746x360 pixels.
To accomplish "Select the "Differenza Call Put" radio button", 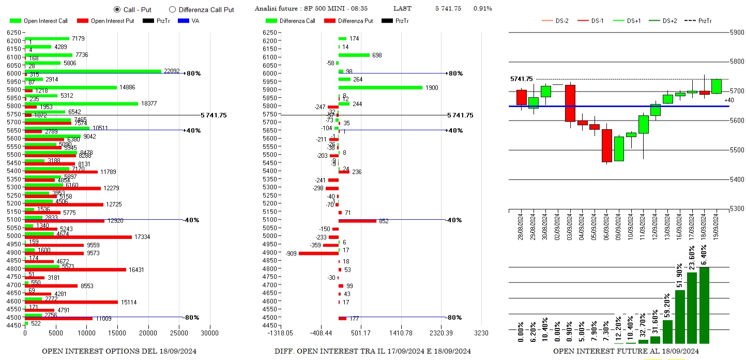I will tap(173, 9).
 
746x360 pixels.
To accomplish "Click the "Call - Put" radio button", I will tap(117, 9).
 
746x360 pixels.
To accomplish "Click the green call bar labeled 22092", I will tap(93, 71).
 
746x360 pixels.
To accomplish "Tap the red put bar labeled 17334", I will tap(78, 237).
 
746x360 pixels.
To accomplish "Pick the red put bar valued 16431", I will tap(75, 269).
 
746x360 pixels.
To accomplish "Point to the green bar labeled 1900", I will tap(380, 87).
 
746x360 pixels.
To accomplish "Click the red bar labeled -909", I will tap(318, 253).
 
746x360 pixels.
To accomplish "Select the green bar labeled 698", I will tap(354, 55).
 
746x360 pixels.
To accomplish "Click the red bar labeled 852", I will tap(357, 221).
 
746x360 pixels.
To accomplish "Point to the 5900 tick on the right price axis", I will tap(736, 33).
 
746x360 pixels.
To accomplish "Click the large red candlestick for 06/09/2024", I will tap(607, 145).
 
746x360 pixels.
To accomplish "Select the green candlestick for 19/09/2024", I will tap(717, 86).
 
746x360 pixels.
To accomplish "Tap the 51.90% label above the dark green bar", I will tap(680, 275).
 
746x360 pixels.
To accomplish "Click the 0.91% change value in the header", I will tap(482, 9).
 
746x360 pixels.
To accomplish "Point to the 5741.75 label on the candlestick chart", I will tap(521, 79).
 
